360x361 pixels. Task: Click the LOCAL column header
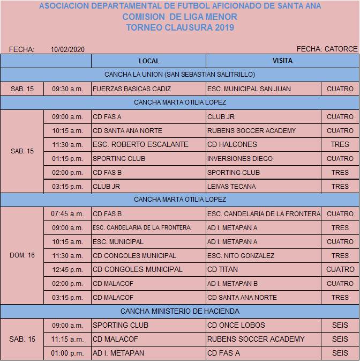click(148, 61)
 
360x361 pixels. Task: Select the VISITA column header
click(282, 61)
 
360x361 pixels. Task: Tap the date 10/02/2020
click(67, 49)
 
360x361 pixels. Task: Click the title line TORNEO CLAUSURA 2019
click(180, 27)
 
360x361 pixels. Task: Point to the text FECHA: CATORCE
click(327, 49)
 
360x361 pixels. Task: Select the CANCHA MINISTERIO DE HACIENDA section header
click(180, 311)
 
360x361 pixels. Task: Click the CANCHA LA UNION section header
click(180, 75)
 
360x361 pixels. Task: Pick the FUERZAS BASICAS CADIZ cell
click(132, 89)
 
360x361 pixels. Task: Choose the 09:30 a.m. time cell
click(67, 89)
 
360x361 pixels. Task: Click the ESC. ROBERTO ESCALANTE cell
click(140, 144)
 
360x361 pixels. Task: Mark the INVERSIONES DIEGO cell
click(239, 158)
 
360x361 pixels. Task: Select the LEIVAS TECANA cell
click(231, 186)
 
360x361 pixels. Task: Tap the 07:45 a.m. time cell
click(67, 213)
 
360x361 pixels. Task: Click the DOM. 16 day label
click(22, 255)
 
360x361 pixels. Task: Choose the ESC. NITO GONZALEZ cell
click(241, 255)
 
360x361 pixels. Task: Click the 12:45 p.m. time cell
click(67, 269)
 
